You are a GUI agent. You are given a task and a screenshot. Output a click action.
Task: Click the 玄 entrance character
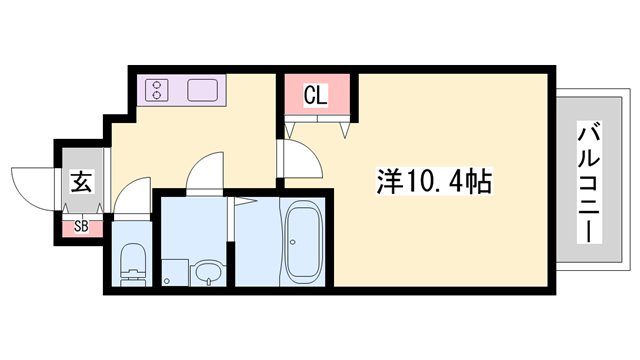pos(80,183)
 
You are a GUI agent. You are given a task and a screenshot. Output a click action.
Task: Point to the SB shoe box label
pos(80,227)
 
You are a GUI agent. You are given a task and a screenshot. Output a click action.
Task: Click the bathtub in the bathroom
pos(303,242)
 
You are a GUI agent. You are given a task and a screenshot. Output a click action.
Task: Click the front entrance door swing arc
pos(30,188)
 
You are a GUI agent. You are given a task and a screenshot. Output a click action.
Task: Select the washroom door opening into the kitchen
pos(206,172)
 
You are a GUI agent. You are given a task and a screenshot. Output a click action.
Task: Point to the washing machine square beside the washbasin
pos(174,271)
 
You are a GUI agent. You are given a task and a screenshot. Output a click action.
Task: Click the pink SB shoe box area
pos(80,227)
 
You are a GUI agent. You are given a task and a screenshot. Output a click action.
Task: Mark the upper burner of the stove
pos(158,85)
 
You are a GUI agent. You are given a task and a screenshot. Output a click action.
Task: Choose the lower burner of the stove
pos(158,97)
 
